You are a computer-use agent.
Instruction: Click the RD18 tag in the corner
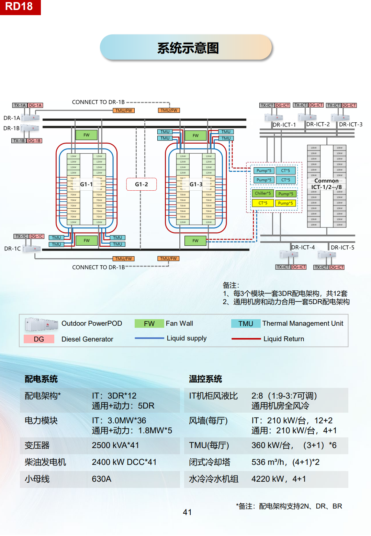20,7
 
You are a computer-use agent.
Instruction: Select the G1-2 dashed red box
141,184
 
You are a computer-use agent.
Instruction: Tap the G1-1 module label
86,184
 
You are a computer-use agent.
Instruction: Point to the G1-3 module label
196,184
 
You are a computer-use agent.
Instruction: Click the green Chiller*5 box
263,193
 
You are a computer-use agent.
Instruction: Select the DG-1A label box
35,105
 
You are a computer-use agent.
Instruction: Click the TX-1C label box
21,236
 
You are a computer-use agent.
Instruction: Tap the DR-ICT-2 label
318,124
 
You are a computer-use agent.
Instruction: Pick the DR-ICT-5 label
342,247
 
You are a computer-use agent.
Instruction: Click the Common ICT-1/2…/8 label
326,184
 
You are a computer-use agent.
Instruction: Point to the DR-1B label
11,128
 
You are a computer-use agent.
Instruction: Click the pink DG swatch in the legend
39,339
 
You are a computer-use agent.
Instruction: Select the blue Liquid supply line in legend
149,338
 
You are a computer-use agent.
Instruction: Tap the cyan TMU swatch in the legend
246,324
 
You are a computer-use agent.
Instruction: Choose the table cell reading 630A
102,479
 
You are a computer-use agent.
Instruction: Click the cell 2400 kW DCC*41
124,462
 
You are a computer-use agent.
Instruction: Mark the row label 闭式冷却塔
210,462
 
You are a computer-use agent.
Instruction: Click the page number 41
187,512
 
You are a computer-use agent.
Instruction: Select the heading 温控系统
205,379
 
